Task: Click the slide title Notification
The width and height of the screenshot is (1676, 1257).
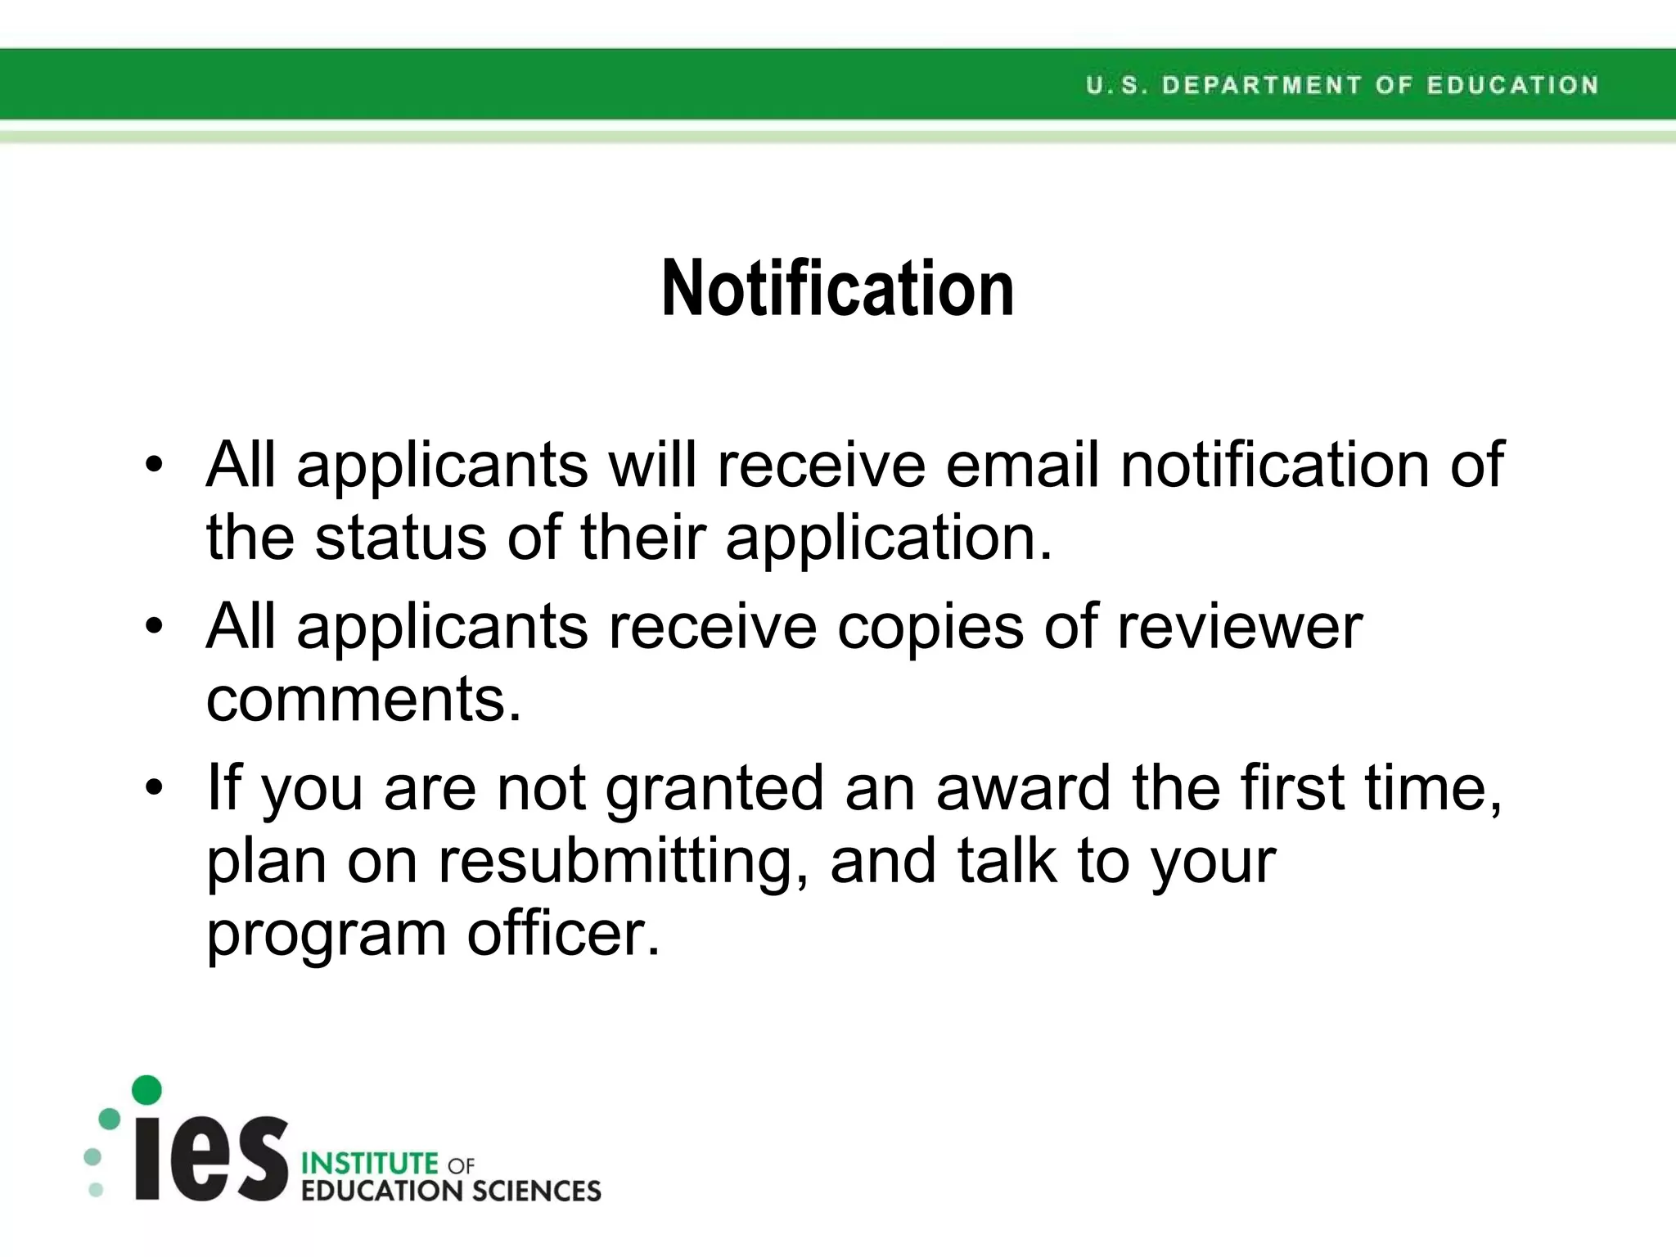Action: [837, 288]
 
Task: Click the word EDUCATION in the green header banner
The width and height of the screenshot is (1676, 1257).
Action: [1512, 85]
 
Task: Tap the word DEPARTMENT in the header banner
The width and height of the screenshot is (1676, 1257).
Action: [1261, 85]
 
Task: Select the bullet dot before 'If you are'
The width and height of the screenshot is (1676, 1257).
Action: [154, 788]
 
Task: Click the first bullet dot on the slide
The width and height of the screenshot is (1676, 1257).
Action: [154, 466]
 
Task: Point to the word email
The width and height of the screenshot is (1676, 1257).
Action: [1022, 465]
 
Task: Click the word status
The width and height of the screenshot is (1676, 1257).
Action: [401, 538]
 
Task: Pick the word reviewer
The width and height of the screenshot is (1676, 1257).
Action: [1239, 627]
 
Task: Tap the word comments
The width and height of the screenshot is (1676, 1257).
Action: [363, 700]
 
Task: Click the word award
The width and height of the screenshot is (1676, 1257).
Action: [1023, 787]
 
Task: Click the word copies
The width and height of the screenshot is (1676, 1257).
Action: [930, 627]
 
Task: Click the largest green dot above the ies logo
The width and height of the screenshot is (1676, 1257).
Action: [146, 1089]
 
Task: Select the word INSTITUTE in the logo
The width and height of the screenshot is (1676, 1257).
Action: [370, 1163]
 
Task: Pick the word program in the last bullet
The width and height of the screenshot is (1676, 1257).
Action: [326, 935]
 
